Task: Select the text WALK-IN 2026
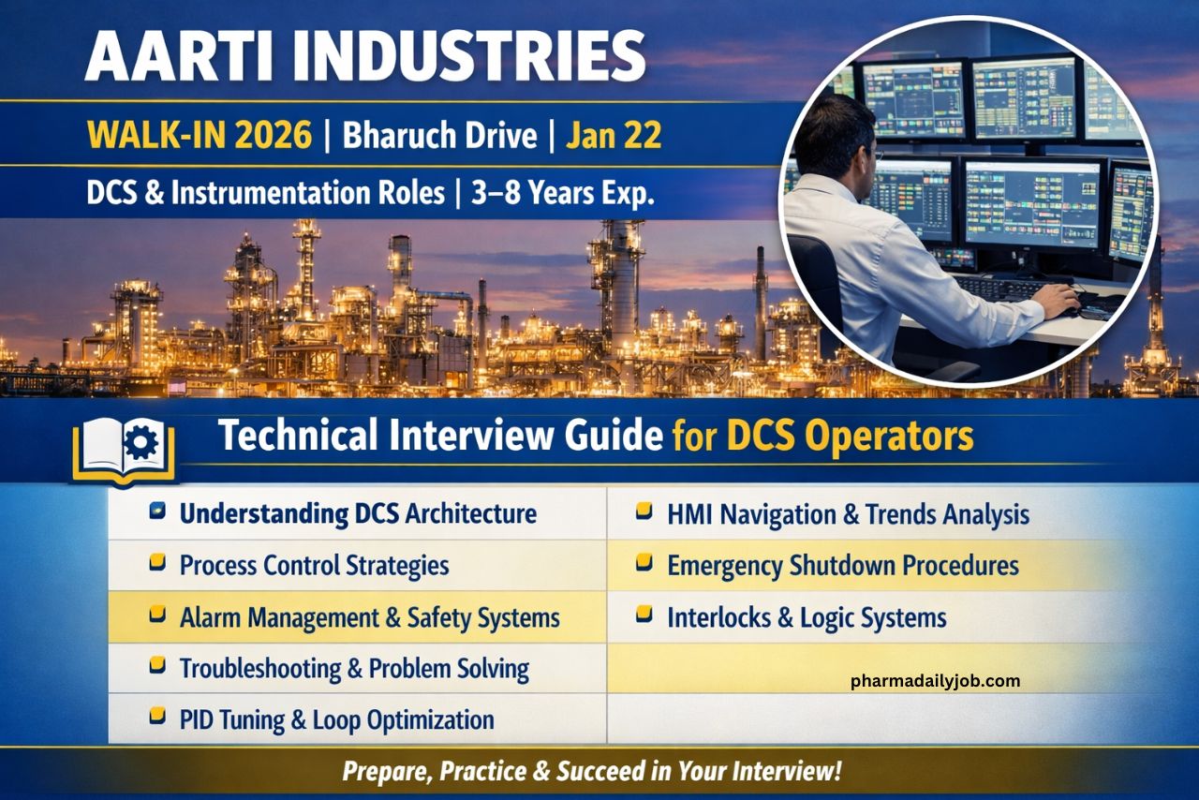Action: tap(199, 137)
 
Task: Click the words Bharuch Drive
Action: tap(439, 137)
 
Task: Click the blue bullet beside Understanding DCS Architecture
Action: tap(158, 511)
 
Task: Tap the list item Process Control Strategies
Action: tap(313, 566)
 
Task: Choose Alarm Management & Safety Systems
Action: tap(369, 618)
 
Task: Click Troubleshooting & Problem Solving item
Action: tap(353, 669)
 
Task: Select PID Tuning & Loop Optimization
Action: tap(336, 719)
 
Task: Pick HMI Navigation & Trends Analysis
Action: tap(847, 514)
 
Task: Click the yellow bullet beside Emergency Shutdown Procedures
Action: tap(644, 563)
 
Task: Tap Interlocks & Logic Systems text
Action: tap(806, 618)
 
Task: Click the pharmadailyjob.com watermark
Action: tap(935, 681)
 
